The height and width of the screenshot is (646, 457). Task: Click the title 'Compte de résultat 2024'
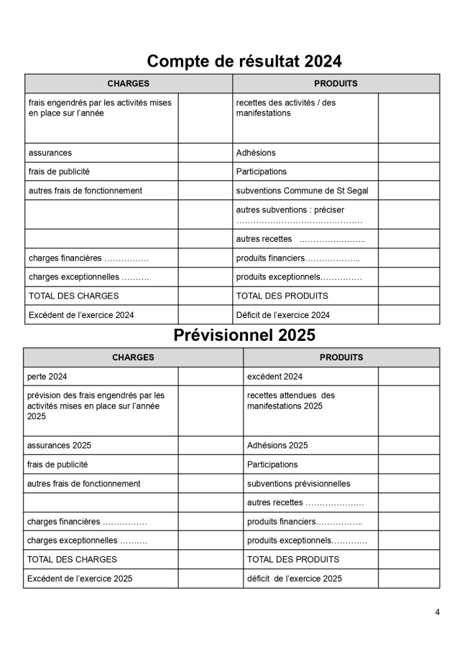pos(244,60)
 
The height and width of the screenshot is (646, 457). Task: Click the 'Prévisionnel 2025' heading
pos(244,335)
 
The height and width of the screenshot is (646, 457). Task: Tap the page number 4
pos(437,612)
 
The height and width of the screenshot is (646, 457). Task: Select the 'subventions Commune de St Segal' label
pos(302,190)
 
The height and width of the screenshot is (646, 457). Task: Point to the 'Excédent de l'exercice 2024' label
pos(81,314)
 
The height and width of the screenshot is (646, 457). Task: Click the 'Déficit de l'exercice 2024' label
pos(283,314)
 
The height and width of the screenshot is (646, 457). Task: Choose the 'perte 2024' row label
pos(47,376)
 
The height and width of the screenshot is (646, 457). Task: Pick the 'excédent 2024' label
pos(274,376)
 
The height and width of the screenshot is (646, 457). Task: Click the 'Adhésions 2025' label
pos(277,445)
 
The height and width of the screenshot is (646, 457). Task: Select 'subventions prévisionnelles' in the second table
pos(299,483)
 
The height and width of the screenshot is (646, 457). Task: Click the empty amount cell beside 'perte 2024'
pos(211,376)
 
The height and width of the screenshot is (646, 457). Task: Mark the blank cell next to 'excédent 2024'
pos(409,376)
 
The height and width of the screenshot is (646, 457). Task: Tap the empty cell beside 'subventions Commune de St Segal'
pos(409,190)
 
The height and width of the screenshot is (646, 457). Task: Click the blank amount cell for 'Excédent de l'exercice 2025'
pos(211,578)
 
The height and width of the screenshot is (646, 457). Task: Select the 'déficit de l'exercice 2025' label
pos(295,578)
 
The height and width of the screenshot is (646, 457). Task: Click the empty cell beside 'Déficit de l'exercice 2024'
pos(409,314)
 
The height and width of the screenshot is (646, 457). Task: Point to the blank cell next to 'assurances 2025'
pos(211,445)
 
